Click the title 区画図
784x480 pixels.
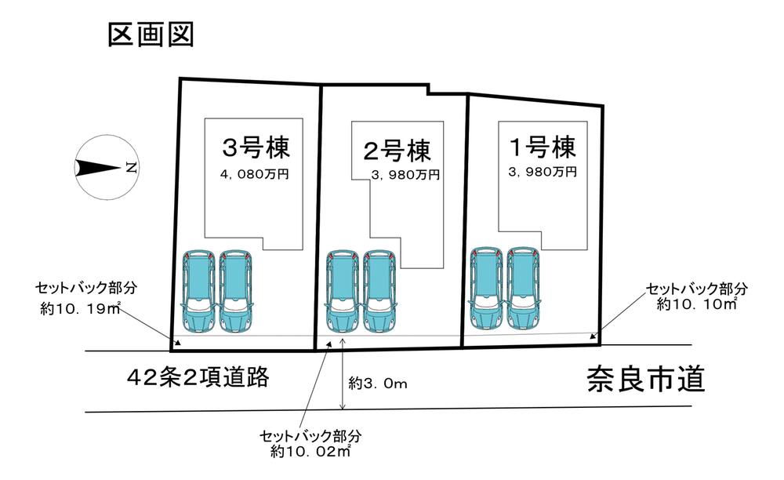(151, 35)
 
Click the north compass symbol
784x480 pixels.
(106, 168)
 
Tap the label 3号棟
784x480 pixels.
(256, 147)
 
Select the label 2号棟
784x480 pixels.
(397, 150)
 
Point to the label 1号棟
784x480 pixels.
(543, 147)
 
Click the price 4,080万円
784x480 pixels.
(255, 174)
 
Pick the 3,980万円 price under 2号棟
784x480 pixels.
(405, 175)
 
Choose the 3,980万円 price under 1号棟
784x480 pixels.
(543, 172)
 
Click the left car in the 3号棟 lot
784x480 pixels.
(198, 292)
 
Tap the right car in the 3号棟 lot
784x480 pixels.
(235, 292)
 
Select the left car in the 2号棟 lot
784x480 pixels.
(343, 292)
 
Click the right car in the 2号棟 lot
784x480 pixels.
(379, 292)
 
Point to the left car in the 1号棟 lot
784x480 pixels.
(487, 289)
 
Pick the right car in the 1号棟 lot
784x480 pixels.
(524, 289)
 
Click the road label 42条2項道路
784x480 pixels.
(198, 377)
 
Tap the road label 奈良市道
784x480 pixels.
(646, 379)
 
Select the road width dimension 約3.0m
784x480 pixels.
(378, 384)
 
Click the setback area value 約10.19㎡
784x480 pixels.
(80, 309)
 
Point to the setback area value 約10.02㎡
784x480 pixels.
(310, 452)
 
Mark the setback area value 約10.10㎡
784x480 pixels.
(697, 304)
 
